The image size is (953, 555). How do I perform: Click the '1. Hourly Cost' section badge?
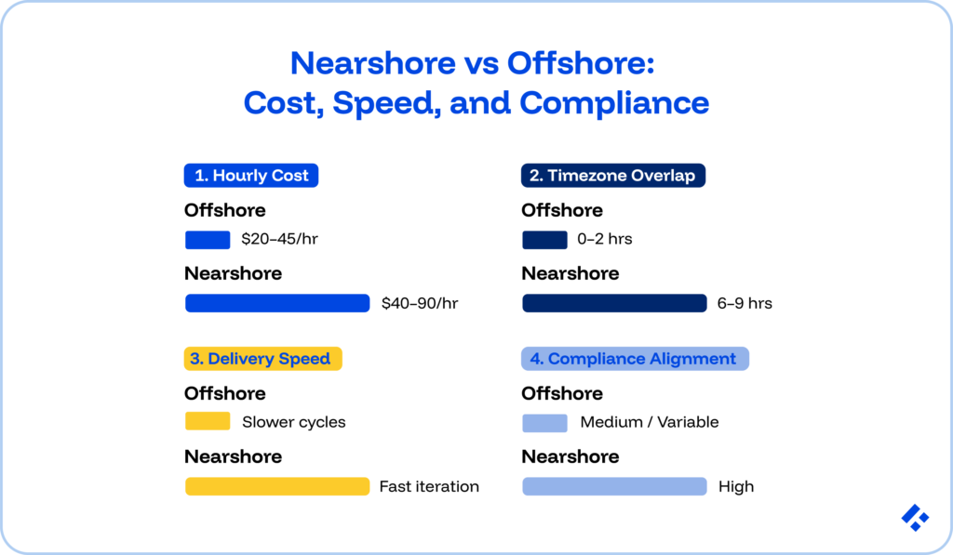(x=251, y=176)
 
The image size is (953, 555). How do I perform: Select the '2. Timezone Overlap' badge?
(x=612, y=176)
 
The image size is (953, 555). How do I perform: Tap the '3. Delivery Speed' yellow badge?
(x=263, y=359)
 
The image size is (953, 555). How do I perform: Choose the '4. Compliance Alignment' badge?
(x=635, y=359)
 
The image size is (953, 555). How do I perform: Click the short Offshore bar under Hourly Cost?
(x=208, y=240)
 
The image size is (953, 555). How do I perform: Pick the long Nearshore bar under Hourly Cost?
(x=277, y=303)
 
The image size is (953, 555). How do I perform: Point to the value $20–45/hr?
(x=279, y=240)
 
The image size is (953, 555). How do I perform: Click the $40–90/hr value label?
(x=420, y=303)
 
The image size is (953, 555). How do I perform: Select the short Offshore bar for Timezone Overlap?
(x=544, y=240)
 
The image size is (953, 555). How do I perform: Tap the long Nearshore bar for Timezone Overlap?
(x=614, y=303)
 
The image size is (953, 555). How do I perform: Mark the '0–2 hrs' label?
(x=604, y=240)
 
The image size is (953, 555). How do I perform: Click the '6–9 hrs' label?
(x=745, y=303)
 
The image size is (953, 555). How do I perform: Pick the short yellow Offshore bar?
(x=208, y=422)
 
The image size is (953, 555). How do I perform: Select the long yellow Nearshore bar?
(x=277, y=486)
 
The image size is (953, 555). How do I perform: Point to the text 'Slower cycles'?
(x=293, y=422)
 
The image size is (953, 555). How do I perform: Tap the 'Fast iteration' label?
(x=429, y=486)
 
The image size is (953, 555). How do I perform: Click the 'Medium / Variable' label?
(x=649, y=422)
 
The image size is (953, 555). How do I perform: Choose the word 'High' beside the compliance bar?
(x=735, y=486)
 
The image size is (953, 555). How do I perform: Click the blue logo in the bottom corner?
(x=915, y=518)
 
